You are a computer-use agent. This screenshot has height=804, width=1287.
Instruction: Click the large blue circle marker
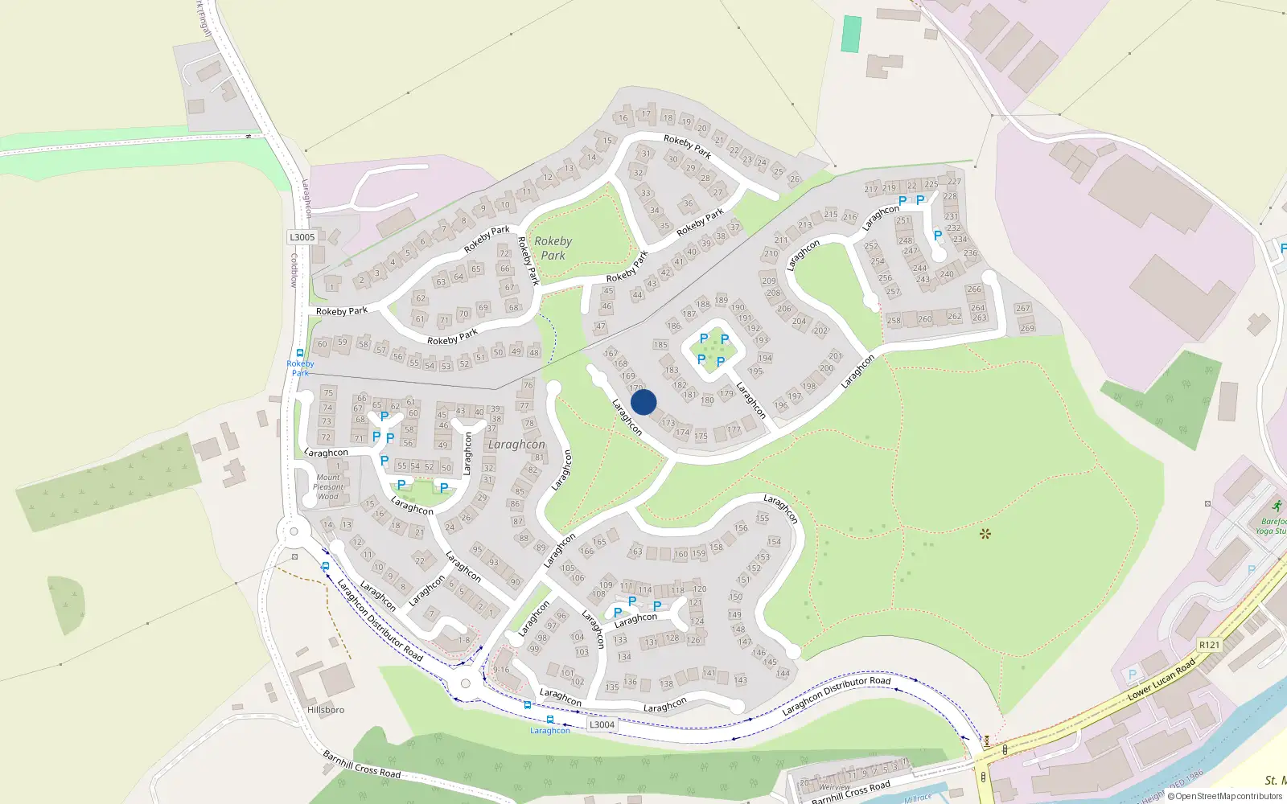643,402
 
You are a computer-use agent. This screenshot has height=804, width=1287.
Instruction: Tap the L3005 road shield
302,237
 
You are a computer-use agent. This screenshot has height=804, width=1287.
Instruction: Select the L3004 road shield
602,724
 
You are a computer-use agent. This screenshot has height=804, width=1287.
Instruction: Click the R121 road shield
1209,645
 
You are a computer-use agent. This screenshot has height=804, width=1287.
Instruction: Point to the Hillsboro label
326,710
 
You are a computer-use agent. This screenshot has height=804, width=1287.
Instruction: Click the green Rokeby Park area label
553,248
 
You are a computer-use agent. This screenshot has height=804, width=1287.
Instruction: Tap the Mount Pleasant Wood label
328,486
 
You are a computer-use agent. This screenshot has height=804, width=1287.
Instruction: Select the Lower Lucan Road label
1162,681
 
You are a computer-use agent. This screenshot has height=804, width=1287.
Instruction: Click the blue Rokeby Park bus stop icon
300,353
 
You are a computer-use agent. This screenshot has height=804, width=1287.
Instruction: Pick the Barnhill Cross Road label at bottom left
361,764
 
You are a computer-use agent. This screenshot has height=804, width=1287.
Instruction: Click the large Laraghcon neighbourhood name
516,445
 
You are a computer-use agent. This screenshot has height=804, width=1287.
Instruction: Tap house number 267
1022,308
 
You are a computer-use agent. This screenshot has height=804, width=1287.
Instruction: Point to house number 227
954,182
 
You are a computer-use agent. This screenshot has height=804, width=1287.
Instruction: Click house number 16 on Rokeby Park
623,117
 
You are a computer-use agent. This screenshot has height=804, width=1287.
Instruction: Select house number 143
741,680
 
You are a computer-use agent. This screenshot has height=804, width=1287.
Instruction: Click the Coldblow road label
294,270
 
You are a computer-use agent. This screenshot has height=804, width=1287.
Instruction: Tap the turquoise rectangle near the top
851,34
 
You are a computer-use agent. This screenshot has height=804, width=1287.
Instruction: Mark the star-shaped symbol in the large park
985,534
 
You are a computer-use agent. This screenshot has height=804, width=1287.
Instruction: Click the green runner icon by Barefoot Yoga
1277,506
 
